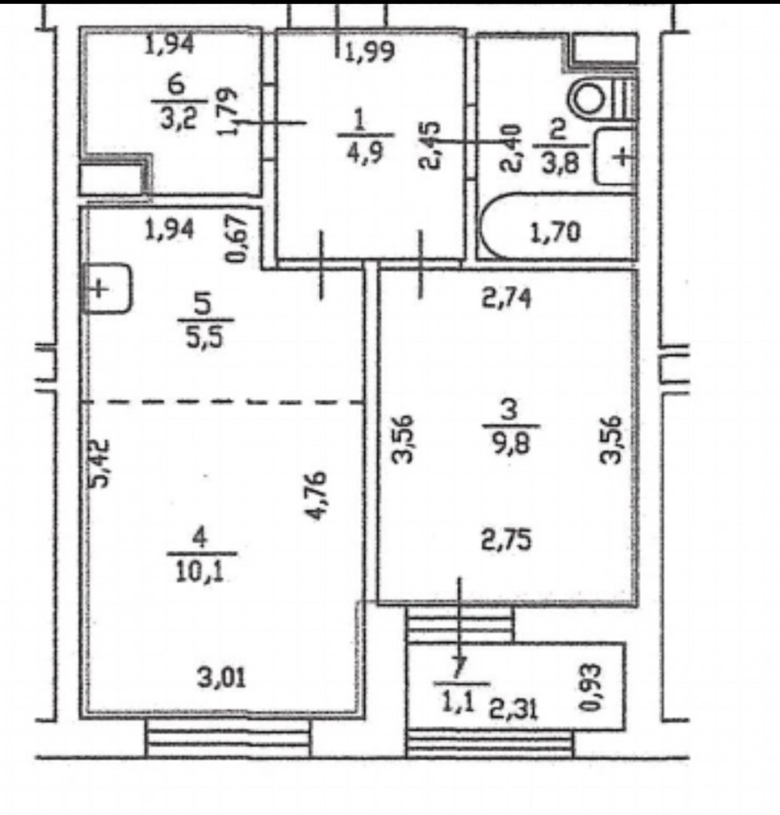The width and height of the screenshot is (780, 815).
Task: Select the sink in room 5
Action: [x=106, y=288]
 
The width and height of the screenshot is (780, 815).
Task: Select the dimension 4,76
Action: [x=317, y=495]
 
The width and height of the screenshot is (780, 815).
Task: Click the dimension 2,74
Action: [x=507, y=299]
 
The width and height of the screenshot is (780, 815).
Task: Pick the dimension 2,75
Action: [x=507, y=540]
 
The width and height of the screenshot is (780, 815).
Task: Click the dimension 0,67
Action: [x=236, y=239]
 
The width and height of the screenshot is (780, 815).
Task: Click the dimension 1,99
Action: [x=370, y=51]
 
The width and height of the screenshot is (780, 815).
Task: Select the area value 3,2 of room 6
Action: [x=178, y=119]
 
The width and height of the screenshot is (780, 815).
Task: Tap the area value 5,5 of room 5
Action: [x=205, y=337]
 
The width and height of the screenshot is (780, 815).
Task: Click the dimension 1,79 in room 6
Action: [x=227, y=111]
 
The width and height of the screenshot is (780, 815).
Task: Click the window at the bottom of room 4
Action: [x=229, y=737]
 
